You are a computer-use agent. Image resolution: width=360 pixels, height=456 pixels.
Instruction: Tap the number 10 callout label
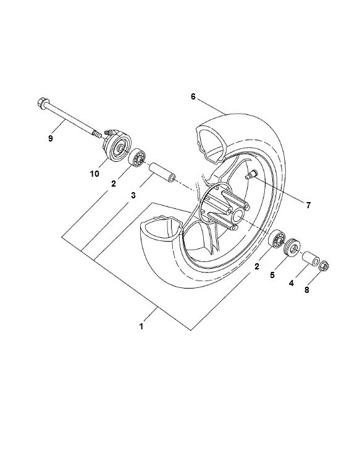pyautogui.click(x=94, y=174)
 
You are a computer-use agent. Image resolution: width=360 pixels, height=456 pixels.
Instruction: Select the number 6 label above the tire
pyautogui.click(x=193, y=97)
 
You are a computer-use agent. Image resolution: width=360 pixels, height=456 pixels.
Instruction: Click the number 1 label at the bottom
pyautogui.click(x=141, y=326)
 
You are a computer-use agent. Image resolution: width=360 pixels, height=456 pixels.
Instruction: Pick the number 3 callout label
pyautogui.click(x=133, y=196)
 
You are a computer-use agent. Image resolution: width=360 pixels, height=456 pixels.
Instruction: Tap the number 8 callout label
pyautogui.click(x=306, y=289)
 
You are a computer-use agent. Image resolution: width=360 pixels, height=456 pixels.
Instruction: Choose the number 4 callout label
pyautogui.click(x=292, y=283)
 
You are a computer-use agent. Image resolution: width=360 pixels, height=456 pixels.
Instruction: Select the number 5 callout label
pyautogui.click(x=272, y=276)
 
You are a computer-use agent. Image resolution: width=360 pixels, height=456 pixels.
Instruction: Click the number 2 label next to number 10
pyautogui.click(x=114, y=184)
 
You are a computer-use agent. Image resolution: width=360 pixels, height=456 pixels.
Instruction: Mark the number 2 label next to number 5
pyautogui.click(x=256, y=267)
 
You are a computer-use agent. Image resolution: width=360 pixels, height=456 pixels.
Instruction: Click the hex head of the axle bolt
pyautogui.click(x=44, y=103)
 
